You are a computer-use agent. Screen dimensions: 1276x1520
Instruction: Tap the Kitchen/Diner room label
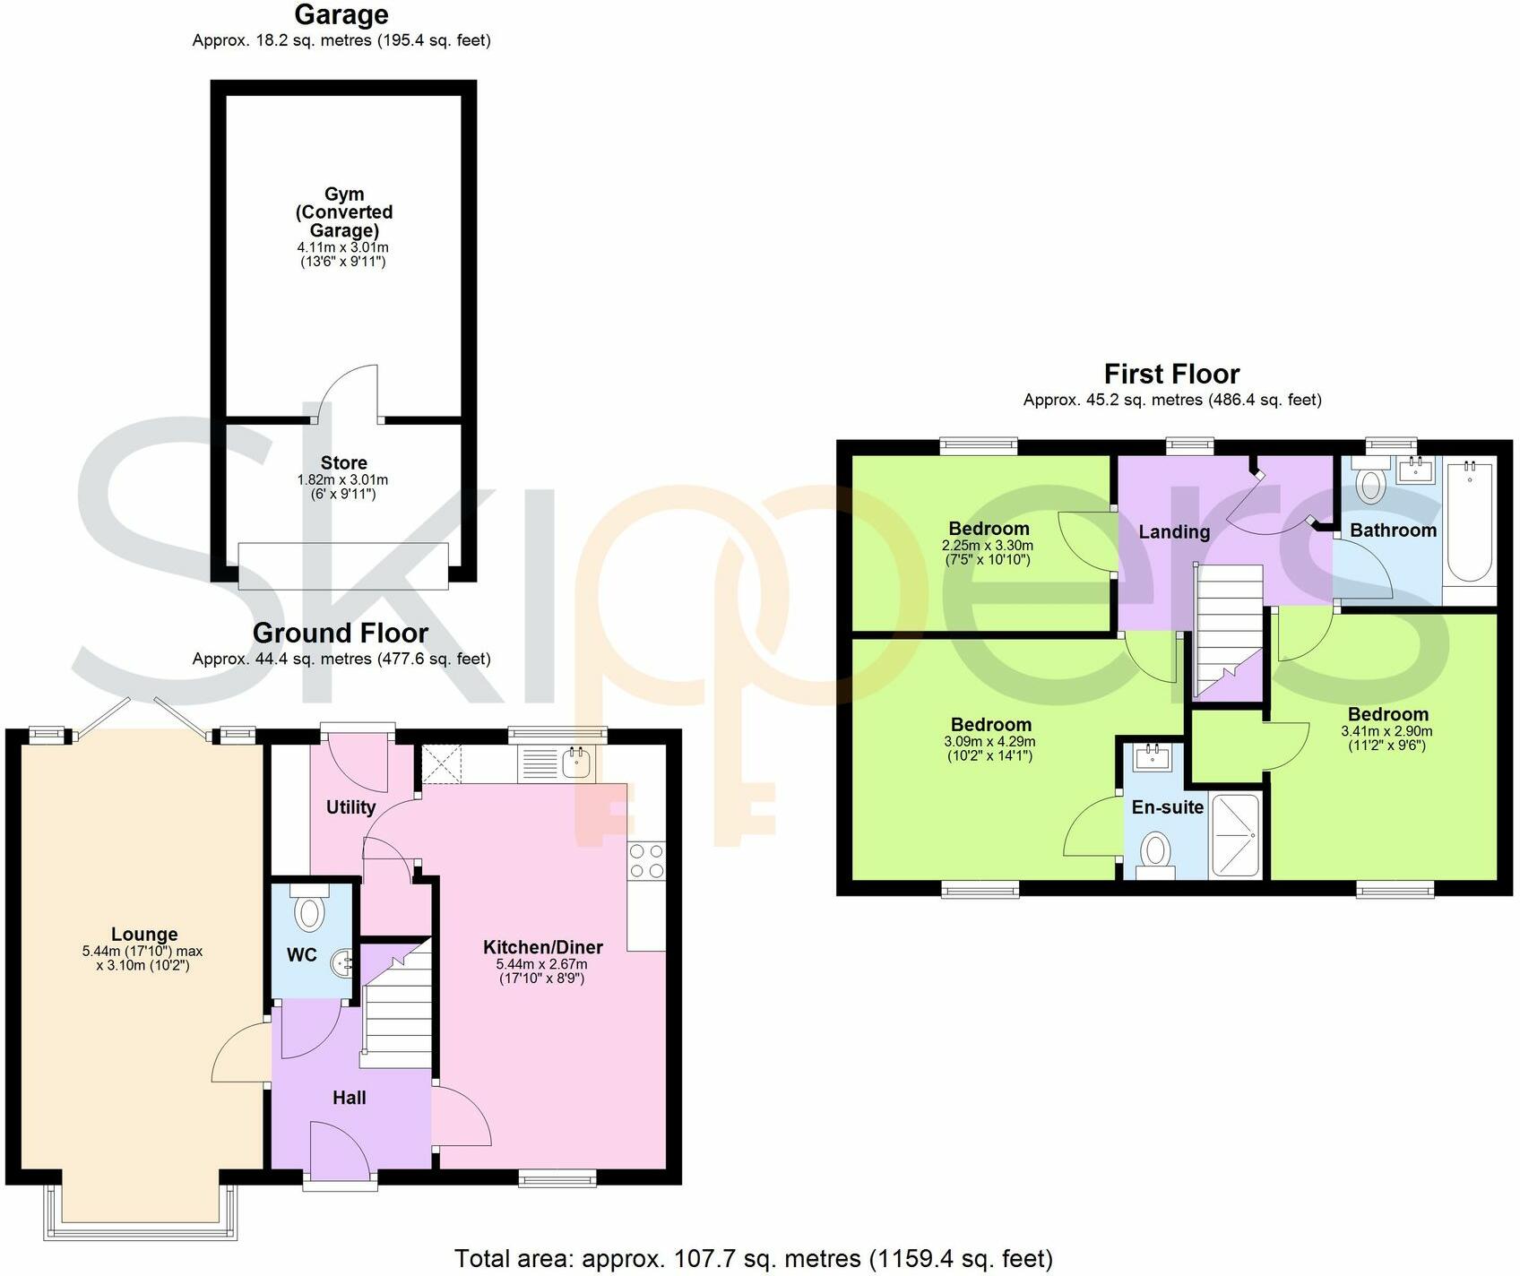[x=542, y=947]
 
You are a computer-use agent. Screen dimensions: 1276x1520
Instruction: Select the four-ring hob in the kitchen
[x=647, y=860]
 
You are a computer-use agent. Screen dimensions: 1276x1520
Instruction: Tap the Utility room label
[x=350, y=806]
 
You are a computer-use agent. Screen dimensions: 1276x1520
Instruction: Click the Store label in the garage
[x=343, y=462]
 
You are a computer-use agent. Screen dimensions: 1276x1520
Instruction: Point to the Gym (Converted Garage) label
[x=344, y=211]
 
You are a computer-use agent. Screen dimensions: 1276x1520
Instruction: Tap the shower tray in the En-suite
[x=1235, y=834]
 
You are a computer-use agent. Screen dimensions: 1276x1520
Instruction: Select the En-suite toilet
[x=1156, y=850]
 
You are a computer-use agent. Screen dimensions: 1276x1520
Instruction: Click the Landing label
[x=1174, y=531]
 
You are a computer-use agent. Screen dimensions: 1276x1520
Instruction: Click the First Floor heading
[x=1171, y=374]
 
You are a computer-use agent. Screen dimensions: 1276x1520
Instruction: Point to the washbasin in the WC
[x=341, y=964]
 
